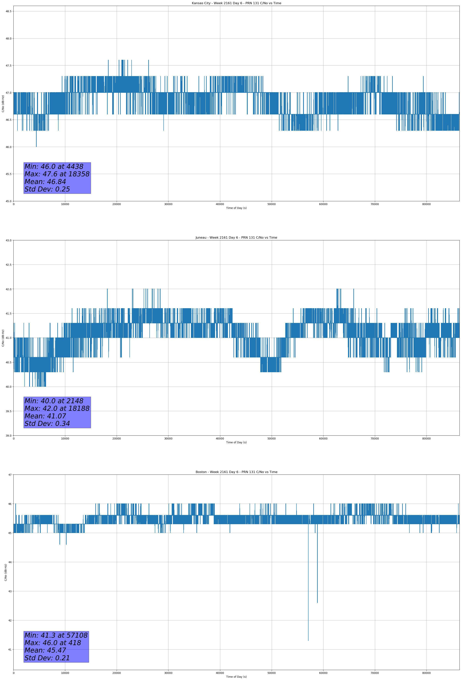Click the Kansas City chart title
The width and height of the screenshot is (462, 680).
click(x=236, y=3)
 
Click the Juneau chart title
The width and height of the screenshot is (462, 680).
click(x=236, y=238)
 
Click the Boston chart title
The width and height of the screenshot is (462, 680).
click(x=236, y=472)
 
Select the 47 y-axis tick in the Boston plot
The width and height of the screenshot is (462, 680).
click(x=10, y=475)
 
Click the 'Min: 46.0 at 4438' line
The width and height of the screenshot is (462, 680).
click(x=54, y=167)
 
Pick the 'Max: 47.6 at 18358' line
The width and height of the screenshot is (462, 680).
click(x=57, y=174)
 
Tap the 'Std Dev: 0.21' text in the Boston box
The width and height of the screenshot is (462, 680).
click(x=47, y=658)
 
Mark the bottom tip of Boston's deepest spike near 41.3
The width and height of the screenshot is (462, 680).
click(x=308, y=641)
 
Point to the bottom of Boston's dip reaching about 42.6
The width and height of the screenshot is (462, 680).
click(x=317, y=603)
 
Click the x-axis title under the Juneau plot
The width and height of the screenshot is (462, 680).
click(x=236, y=442)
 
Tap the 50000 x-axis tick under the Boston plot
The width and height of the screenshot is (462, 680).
click(x=271, y=673)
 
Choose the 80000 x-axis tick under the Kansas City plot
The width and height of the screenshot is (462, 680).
click(x=426, y=204)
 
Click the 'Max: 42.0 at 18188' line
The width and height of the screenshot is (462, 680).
click(x=57, y=408)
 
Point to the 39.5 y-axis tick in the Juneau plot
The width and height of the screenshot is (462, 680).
click(x=8, y=411)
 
